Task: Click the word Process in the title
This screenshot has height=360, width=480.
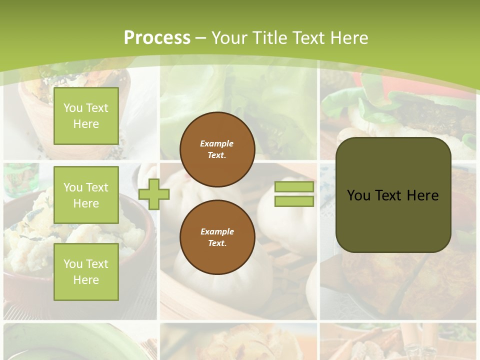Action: [157, 38]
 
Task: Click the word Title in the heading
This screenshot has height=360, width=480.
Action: [268, 38]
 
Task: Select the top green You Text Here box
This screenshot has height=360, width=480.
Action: [86, 116]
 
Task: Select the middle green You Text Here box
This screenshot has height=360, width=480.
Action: [86, 195]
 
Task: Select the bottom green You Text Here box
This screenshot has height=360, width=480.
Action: [86, 271]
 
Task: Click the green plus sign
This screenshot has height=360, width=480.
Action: [154, 194]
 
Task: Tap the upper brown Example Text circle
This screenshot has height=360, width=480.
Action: [217, 149]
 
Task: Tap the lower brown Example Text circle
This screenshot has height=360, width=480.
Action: [217, 237]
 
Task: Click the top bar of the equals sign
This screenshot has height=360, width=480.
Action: [294, 187]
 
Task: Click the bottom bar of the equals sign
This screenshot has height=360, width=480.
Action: [294, 201]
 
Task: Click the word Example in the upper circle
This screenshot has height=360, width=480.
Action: [217, 143]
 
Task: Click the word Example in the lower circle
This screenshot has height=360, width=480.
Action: [217, 231]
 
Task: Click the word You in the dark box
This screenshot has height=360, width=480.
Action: [358, 195]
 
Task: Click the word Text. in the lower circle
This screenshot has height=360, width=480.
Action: [217, 243]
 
